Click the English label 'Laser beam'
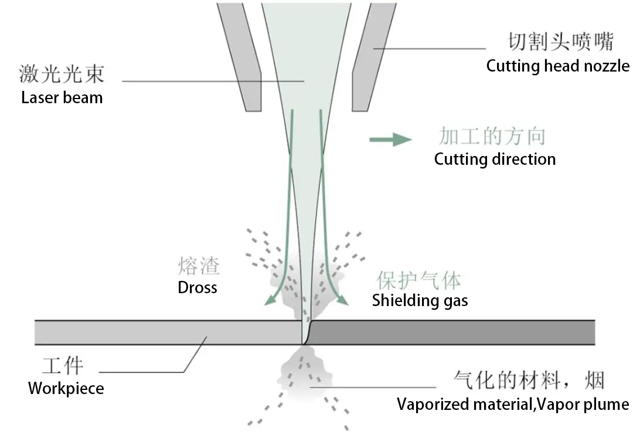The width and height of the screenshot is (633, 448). [62, 97]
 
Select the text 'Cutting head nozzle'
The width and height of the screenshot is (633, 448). [557, 66]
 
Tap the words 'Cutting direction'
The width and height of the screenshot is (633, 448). [495, 159]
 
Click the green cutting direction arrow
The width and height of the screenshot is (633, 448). [390, 140]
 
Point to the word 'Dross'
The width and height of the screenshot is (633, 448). [198, 288]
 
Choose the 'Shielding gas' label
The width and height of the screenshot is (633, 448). [420, 301]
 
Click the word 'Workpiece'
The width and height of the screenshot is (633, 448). [66, 388]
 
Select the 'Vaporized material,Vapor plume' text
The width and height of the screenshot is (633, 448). [513, 405]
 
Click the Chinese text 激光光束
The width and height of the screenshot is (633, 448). [62, 74]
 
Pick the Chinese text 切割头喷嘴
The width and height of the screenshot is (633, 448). [560, 43]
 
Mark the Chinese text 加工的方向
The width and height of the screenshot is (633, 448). [492, 137]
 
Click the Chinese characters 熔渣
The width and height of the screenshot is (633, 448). [199, 267]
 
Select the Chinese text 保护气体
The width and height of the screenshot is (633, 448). [418, 280]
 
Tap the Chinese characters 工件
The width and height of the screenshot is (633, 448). [63, 366]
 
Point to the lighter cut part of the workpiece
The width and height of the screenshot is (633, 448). [164, 332]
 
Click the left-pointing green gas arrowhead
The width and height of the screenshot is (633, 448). [269, 301]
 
